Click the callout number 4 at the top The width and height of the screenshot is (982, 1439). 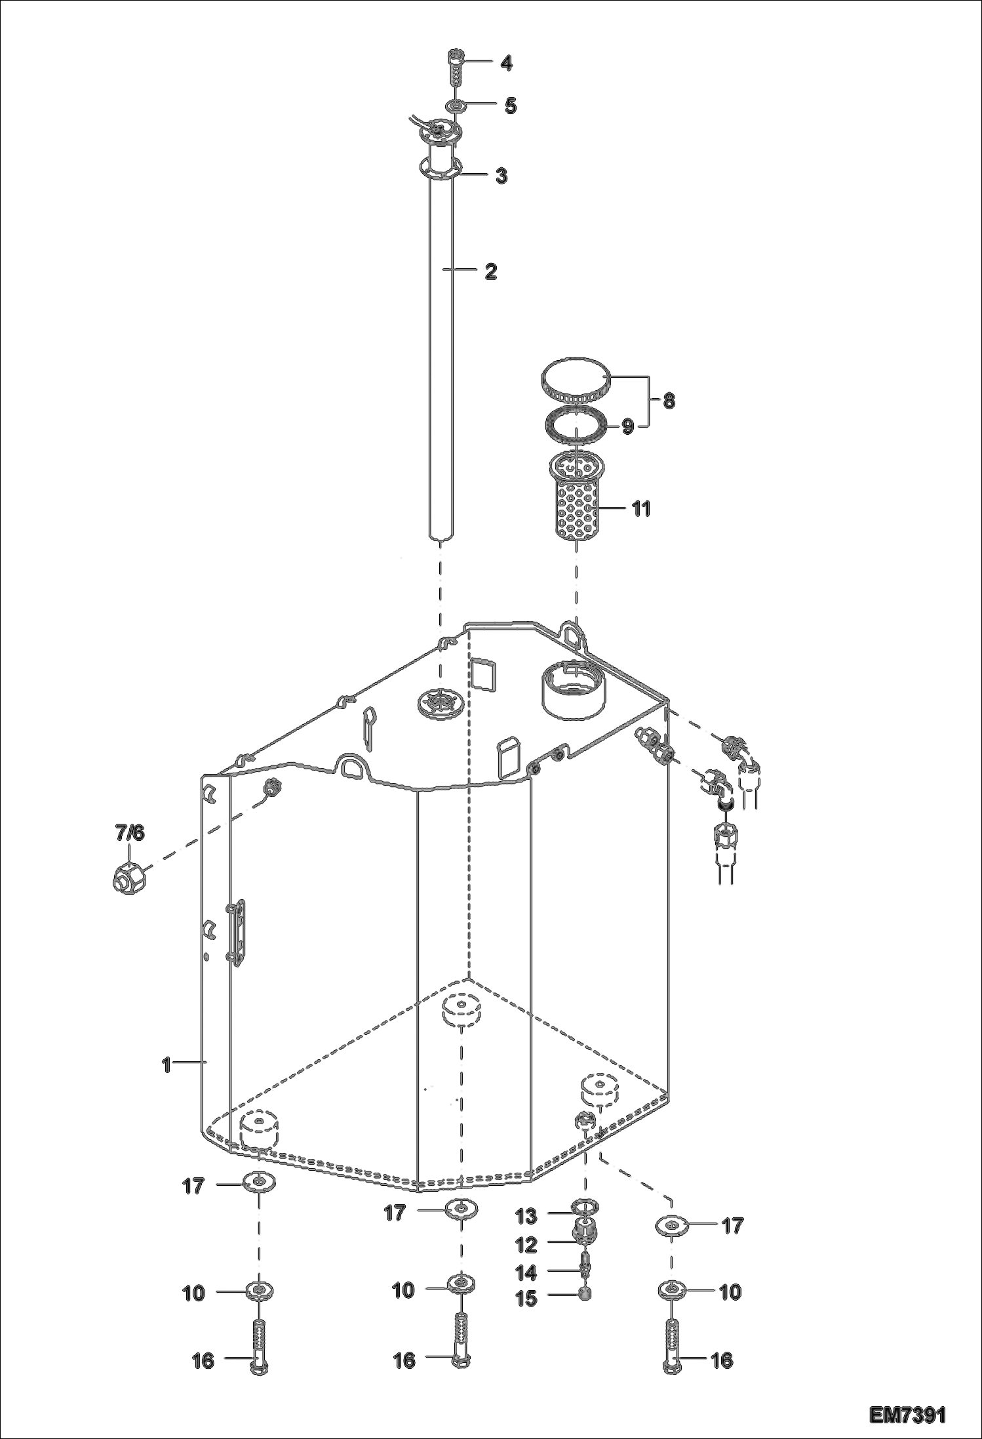[505, 63]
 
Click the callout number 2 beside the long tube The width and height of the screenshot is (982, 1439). [490, 271]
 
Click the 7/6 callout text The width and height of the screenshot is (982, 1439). [130, 833]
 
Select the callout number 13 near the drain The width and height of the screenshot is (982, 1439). [526, 1216]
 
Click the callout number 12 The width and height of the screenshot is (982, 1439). [526, 1244]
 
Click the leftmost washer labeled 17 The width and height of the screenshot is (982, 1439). [260, 1183]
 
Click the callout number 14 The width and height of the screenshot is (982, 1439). [526, 1272]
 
